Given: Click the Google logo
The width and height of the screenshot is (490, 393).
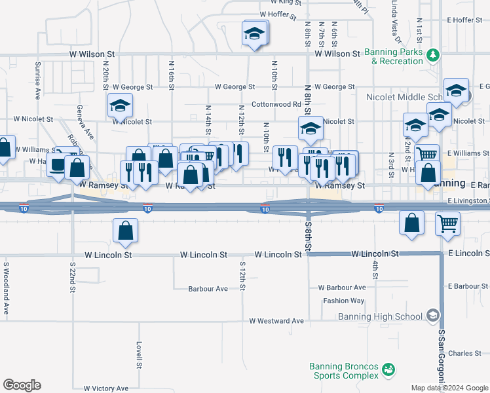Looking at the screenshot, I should tap(22, 385).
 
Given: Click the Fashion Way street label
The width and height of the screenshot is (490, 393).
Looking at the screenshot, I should tap(343, 301).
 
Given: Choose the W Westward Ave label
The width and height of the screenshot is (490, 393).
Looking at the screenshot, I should tap(276, 321).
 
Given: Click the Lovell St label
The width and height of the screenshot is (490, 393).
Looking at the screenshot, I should tap(139, 354).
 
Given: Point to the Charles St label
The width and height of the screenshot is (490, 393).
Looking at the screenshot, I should tap(464, 354).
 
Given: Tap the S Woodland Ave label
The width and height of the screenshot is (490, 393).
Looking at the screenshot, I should tap(5, 288).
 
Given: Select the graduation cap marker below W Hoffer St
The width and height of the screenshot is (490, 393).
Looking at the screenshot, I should tap(255, 33).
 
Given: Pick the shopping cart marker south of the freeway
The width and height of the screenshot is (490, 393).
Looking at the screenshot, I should tap(448, 223).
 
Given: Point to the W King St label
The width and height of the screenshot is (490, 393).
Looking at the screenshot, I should tap(280, 3).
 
